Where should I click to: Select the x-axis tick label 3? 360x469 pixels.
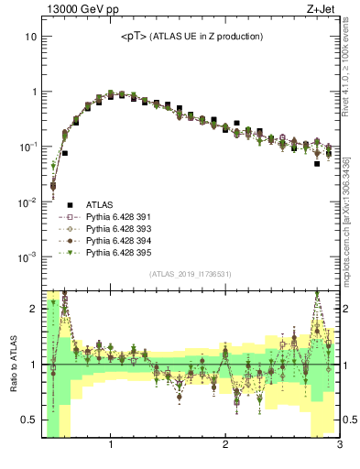pos(339,445)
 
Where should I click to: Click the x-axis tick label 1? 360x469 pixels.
pos(111,445)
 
